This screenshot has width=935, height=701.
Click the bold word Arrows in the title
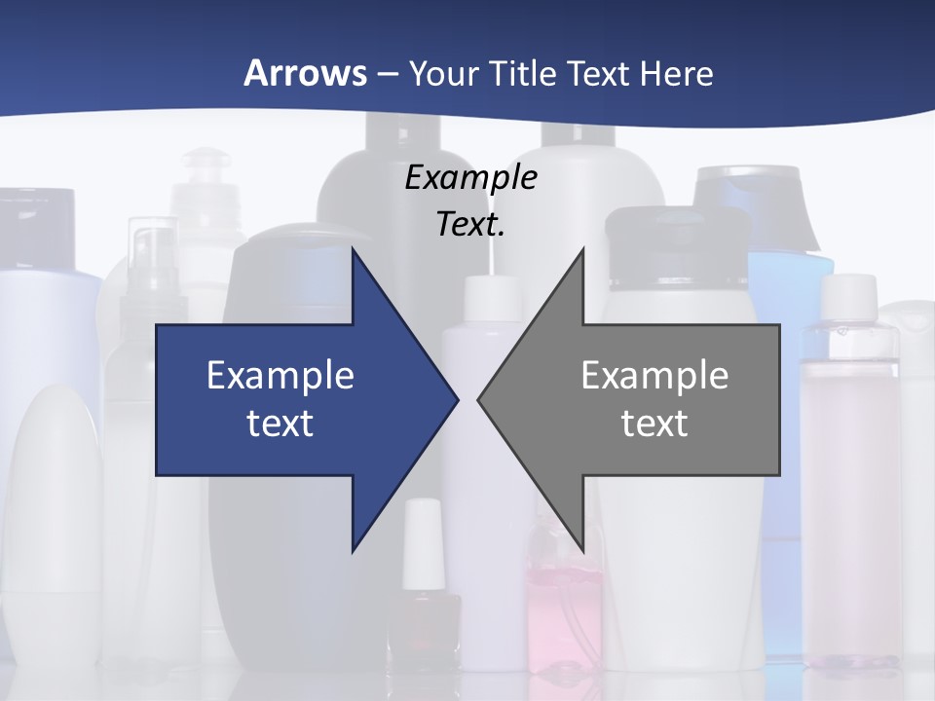pyautogui.click(x=305, y=73)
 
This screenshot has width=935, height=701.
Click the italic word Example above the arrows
pyautogui.click(x=470, y=177)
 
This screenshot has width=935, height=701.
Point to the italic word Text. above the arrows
pyautogui.click(x=470, y=224)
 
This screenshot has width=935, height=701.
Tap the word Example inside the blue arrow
pyautogui.click(x=280, y=376)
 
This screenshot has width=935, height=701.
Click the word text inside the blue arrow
pyautogui.click(x=280, y=423)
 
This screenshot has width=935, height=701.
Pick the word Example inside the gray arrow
pyautogui.click(x=654, y=376)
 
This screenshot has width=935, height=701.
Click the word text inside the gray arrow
pyautogui.click(x=654, y=423)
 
